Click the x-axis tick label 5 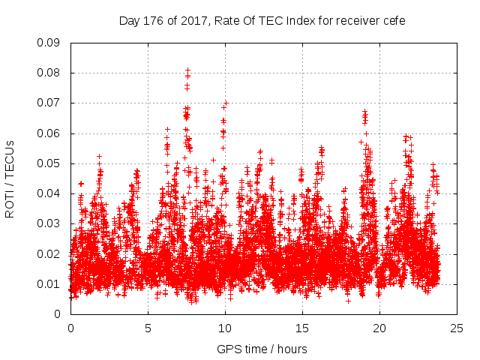148,328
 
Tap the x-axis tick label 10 225,328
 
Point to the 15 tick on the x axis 302,328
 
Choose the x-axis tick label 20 379,328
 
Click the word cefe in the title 394,21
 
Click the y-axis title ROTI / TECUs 10,178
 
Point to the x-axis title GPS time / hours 262,349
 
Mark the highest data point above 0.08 187,70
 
